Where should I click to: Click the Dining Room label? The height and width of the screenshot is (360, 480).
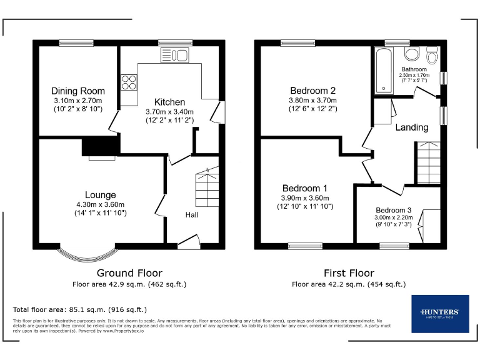77,91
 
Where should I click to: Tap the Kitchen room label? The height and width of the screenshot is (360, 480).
169,102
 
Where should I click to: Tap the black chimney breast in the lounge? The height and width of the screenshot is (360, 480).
100,146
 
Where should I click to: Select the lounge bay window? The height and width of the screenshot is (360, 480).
91,252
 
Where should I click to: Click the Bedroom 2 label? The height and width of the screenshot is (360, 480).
312,90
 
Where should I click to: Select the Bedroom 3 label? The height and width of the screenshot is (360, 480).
393,210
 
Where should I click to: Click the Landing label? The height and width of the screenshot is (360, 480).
412,127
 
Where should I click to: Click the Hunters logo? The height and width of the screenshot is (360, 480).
439,313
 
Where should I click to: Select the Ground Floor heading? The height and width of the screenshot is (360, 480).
129,273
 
